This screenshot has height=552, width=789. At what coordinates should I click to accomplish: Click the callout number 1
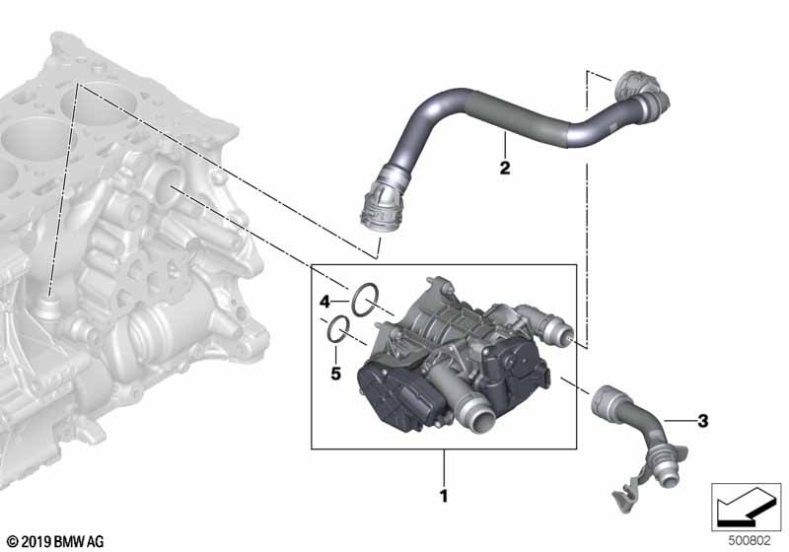point(443,496)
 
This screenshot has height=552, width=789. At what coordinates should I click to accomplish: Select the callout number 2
point(505,168)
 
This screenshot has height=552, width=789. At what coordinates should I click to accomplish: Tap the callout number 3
point(702,420)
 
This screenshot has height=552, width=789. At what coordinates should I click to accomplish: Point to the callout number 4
point(325,302)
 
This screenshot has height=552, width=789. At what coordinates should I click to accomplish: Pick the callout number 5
point(335,374)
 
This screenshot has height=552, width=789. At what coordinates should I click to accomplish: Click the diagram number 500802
point(750,541)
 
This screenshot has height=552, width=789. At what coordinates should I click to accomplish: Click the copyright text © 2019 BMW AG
point(56,541)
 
